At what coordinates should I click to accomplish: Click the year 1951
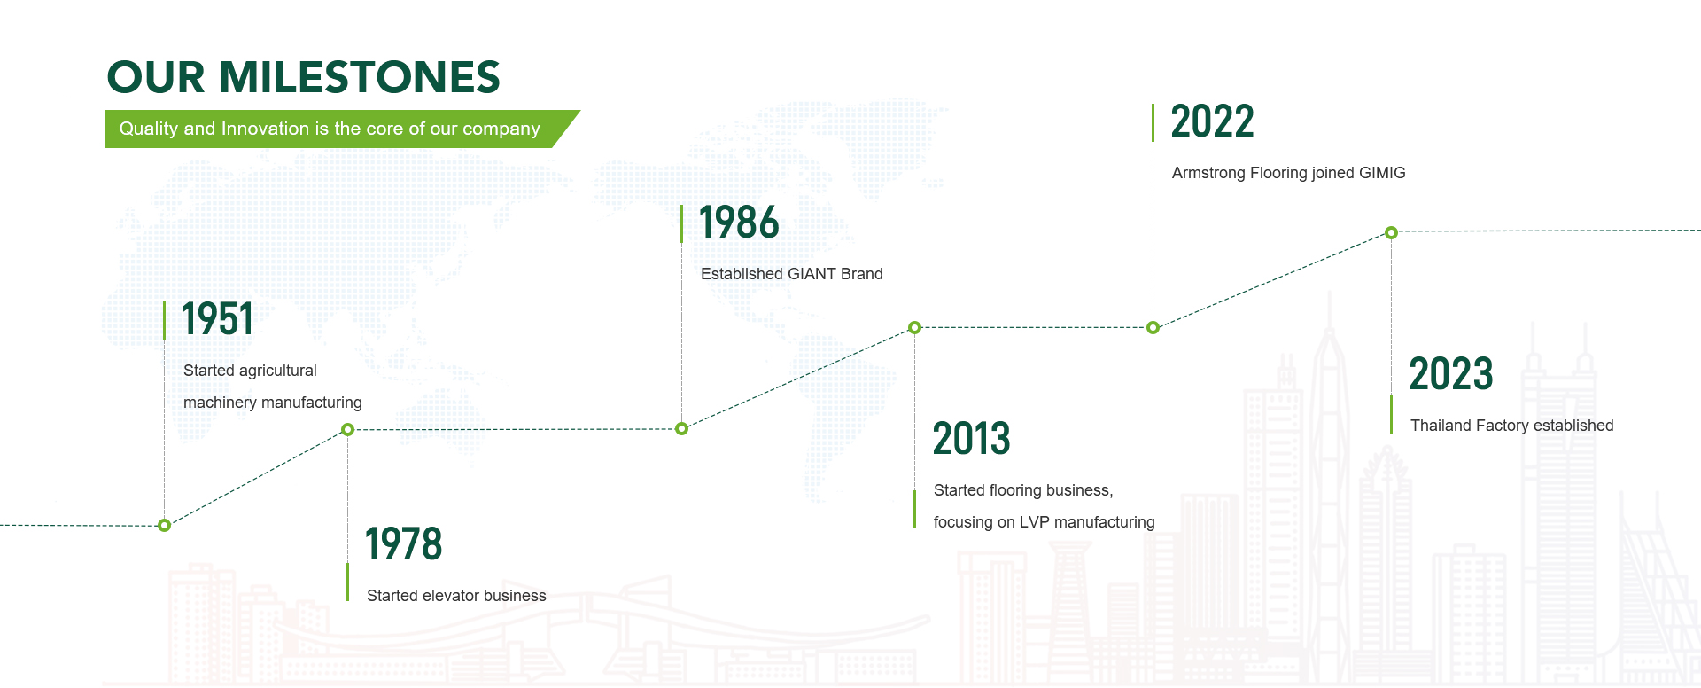coord(217,319)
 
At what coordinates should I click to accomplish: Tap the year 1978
coord(403,544)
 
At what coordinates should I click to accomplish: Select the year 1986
coord(739,223)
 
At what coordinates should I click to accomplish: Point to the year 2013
coord(972,439)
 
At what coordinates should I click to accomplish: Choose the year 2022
coord(1212,121)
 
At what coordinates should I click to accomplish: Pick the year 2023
coord(1451,374)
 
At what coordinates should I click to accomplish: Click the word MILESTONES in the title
coord(360,77)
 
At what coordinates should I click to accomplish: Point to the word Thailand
coord(1441,426)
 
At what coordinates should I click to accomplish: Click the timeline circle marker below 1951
coord(164,526)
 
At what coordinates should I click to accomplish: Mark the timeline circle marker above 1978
coord(347,430)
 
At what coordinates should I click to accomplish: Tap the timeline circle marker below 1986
coord(681,429)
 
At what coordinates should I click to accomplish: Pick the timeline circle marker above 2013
coord(915,328)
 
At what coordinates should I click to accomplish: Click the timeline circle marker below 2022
coord(1153,328)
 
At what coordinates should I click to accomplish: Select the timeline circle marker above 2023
coord(1391,233)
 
